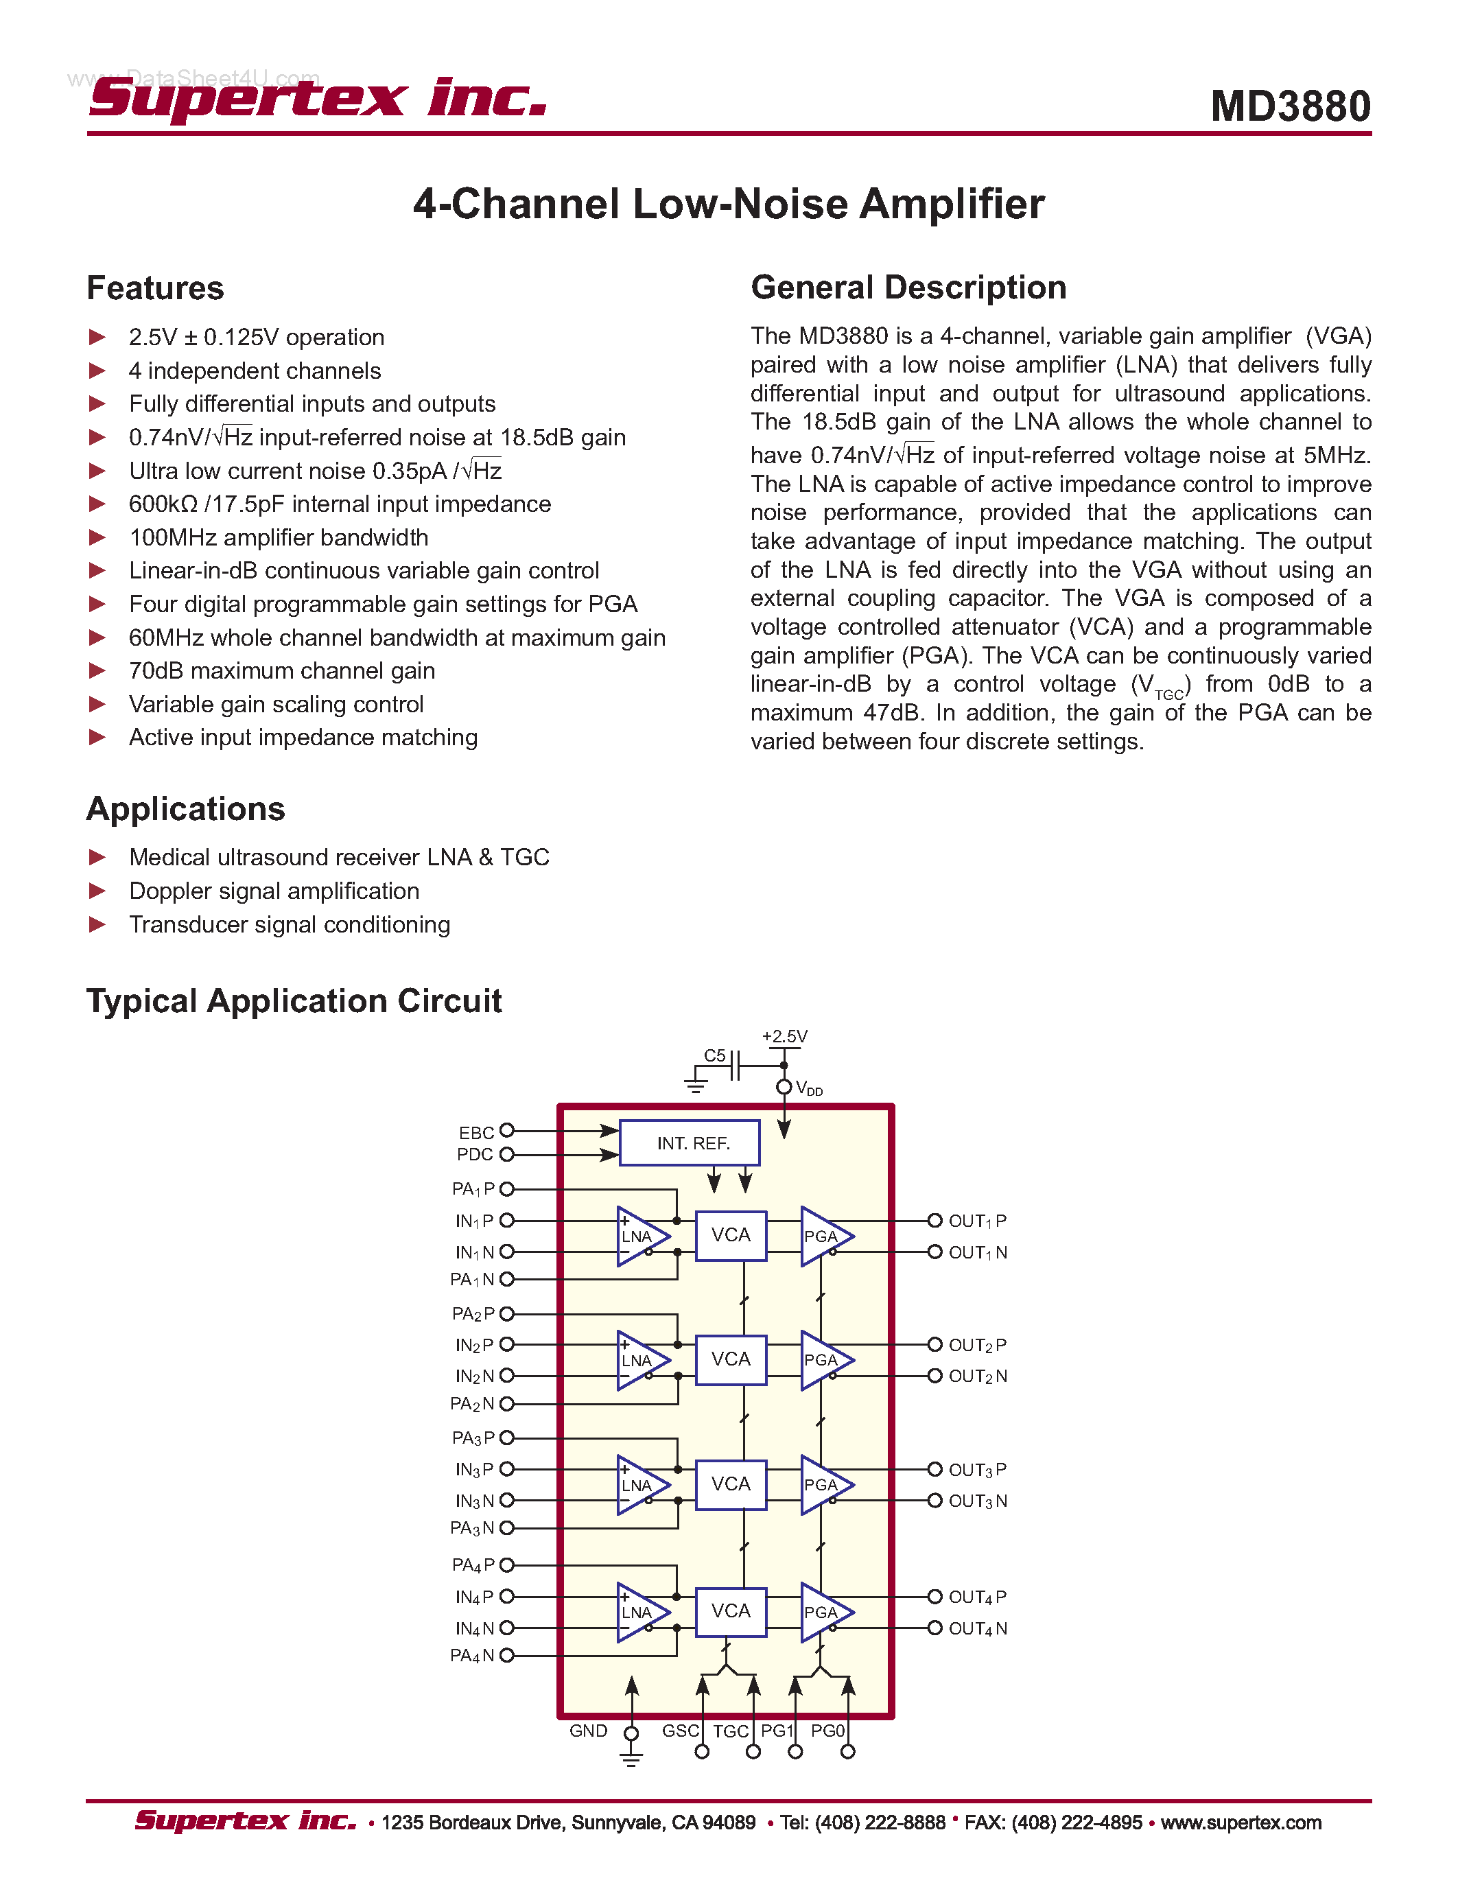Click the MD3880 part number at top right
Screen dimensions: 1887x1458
tap(1290, 106)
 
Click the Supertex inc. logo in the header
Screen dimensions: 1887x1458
tap(317, 97)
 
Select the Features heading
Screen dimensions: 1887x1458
tap(156, 288)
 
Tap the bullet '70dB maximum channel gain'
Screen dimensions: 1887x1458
tap(281, 670)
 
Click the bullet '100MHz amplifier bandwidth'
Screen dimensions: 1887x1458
tap(278, 537)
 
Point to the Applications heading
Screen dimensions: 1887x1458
tap(186, 809)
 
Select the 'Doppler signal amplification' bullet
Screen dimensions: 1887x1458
tap(274, 891)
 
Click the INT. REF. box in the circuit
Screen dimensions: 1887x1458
tap(690, 1143)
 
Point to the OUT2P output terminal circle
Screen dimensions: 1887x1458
tap(934, 1344)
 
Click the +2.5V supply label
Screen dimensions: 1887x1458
tap(784, 1036)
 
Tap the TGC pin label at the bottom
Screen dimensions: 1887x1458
tap(730, 1731)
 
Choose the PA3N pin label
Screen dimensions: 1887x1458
tap(471, 1528)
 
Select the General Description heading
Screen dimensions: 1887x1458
tap(908, 288)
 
